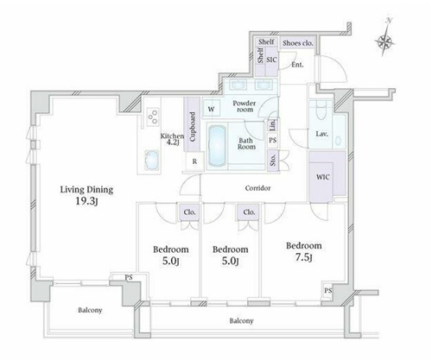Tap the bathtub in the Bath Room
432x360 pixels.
(217, 145)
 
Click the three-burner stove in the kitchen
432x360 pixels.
(153, 117)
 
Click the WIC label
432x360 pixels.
(323, 177)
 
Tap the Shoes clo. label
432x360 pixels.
(297, 43)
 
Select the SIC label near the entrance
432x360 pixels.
(271, 60)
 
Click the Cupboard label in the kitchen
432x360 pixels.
(193, 127)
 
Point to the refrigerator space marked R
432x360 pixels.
(195, 161)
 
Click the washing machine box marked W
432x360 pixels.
(212, 109)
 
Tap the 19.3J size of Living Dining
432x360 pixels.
(86, 201)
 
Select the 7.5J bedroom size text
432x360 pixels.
(304, 257)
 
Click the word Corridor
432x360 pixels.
(257, 188)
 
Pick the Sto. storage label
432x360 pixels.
(273, 160)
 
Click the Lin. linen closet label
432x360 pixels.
(273, 124)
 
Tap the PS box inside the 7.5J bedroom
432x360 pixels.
(328, 291)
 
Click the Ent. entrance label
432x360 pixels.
(297, 65)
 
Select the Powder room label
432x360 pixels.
(245, 106)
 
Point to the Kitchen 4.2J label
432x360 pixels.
(172, 139)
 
